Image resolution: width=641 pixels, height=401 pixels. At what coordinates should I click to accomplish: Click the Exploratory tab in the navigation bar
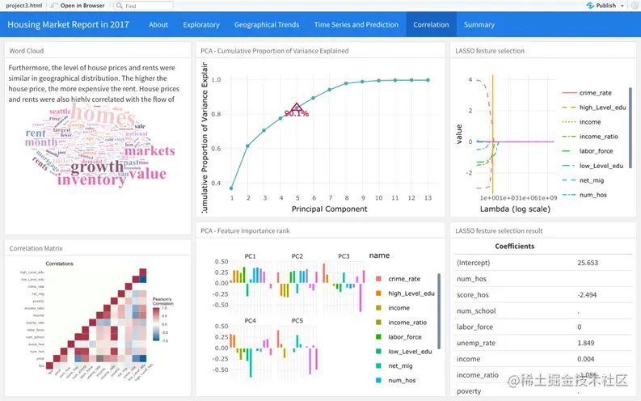click(201, 24)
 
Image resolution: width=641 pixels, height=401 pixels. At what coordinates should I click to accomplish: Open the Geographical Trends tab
click(267, 24)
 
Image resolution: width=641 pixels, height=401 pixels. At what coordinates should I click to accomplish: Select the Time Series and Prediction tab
click(356, 24)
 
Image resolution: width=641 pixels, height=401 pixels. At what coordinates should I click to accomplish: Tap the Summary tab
click(479, 24)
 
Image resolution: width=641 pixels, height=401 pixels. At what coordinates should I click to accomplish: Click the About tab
click(158, 24)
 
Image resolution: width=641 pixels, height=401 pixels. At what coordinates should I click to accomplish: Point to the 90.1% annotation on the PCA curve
click(296, 113)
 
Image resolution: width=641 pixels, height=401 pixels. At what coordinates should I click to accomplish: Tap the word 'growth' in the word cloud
click(96, 167)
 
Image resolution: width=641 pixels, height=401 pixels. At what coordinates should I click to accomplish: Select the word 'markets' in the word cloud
click(150, 151)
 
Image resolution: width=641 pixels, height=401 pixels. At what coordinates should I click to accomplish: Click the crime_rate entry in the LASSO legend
click(595, 93)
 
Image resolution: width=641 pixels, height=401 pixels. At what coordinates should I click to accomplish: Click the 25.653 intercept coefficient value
click(587, 263)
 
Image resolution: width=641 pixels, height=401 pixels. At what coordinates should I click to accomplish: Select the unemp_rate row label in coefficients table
click(475, 343)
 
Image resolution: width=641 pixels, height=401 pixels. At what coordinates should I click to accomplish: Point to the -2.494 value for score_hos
click(587, 294)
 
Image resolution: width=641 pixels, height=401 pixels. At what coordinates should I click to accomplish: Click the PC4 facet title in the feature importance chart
click(250, 321)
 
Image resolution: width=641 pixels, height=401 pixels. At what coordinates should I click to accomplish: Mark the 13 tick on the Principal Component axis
click(428, 198)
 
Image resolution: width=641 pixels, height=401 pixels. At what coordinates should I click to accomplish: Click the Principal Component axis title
click(329, 209)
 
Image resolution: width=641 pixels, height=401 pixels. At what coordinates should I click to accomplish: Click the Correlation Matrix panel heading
click(36, 248)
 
